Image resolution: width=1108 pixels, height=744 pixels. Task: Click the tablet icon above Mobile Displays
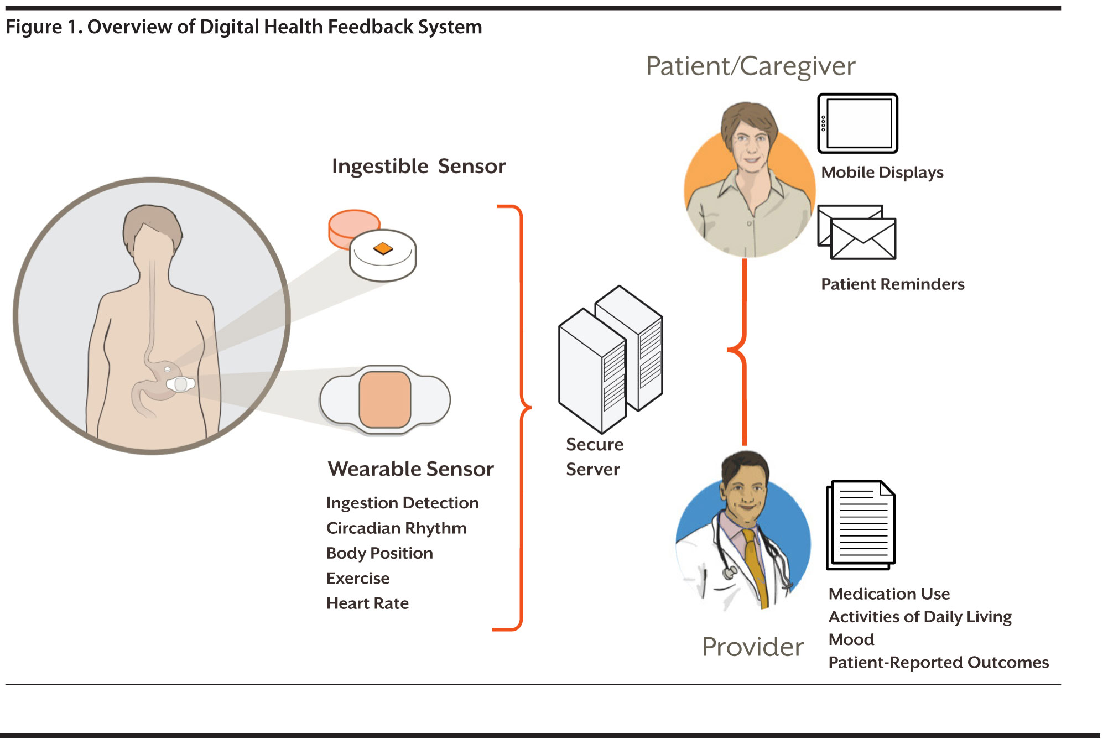857,123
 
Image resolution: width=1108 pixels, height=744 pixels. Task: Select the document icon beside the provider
861,525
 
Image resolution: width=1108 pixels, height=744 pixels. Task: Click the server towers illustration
610,360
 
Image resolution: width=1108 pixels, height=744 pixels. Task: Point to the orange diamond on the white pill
383,248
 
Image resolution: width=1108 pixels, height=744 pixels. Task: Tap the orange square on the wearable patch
384,399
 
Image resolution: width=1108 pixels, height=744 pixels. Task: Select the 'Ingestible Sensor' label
418,166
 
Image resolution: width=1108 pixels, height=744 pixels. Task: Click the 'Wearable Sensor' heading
410,469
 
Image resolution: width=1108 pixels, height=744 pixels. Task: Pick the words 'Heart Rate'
367,603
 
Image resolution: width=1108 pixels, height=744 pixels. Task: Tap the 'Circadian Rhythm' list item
396,528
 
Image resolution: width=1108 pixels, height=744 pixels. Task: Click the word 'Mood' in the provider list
851,639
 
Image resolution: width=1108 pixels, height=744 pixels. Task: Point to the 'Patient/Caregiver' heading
750,66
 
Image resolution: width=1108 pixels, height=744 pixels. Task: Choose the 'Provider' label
752,647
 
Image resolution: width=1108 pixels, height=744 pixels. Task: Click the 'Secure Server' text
594,457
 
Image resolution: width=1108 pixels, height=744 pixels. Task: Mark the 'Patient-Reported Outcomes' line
938,662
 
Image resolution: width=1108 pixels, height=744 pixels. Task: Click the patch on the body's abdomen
180,383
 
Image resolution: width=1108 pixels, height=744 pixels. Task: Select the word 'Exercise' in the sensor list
357,578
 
